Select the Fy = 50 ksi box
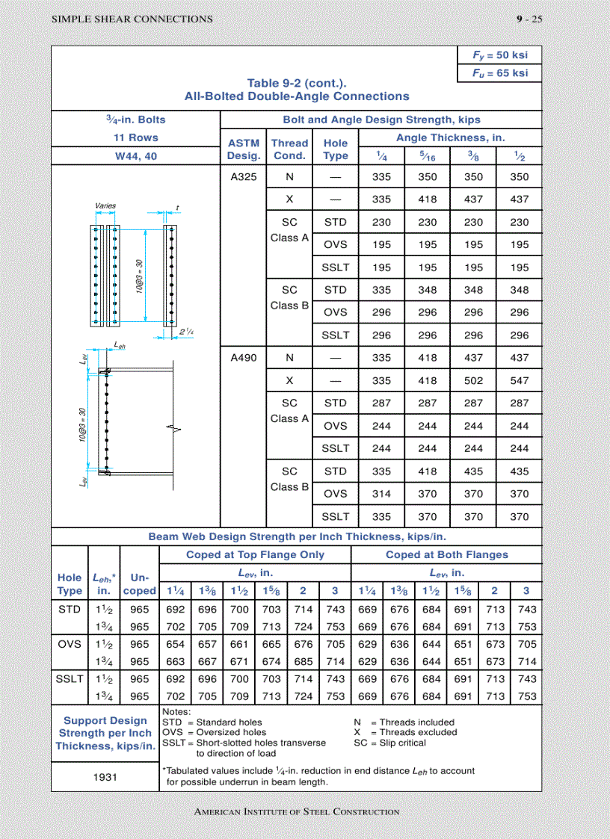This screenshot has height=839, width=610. tap(499, 56)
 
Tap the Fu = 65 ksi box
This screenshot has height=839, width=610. tap(499, 73)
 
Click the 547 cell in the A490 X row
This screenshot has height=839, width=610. tap(519, 380)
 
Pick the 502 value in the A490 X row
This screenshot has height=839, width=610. tap(473, 380)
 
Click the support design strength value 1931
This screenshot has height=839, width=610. tap(105, 777)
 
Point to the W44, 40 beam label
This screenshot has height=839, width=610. tap(135, 156)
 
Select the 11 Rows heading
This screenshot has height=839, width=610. tap(135, 137)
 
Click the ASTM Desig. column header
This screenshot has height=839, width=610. tap(243, 149)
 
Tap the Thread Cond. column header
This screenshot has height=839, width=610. tap(289, 149)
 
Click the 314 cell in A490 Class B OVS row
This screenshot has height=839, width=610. tap(381, 494)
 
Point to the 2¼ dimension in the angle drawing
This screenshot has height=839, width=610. tap(187, 332)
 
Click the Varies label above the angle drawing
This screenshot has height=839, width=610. tap(105, 205)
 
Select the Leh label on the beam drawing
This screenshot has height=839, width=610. tap(120, 345)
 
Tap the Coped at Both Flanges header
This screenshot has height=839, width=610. tap(446, 554)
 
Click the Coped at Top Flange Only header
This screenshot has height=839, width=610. tap(255, 554)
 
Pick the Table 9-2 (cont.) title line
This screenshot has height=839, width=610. tap(297, 84)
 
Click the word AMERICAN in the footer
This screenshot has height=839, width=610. tap(218, 812)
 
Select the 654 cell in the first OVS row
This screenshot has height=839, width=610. tap(175, 644)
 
